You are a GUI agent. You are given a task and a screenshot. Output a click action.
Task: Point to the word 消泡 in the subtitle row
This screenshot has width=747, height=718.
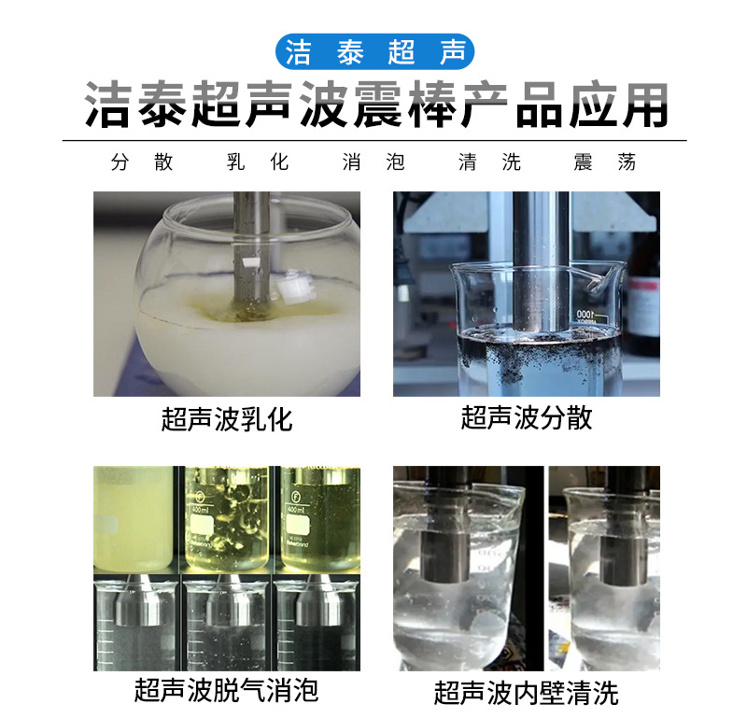pos(374,162)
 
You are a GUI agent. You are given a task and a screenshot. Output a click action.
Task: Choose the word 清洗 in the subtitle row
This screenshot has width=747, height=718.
pos(489,162)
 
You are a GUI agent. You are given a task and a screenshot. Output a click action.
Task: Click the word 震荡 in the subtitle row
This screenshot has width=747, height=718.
pos(605,162)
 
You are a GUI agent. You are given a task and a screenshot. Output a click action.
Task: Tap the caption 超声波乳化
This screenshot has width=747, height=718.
pos(227,419)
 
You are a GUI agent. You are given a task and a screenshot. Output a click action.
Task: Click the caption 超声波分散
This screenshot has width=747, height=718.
pos(527,417)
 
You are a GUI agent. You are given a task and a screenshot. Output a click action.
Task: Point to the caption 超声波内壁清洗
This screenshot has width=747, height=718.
pos(527,693)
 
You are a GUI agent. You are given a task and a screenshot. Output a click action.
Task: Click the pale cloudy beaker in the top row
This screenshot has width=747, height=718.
pos(133,518)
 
